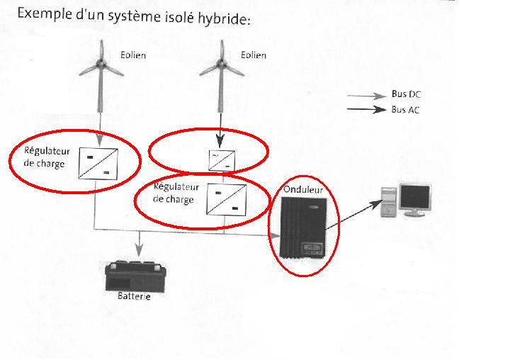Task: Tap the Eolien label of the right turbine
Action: [x=254, y=55]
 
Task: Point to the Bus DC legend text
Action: [x=407, y=94]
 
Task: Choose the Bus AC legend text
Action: [x=407, y=110]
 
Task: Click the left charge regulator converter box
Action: [x=98, y=162]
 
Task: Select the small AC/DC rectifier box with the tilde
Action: [x=218, y=160]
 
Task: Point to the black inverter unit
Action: [x=302, y=227]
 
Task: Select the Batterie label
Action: [x=134, y=296]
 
